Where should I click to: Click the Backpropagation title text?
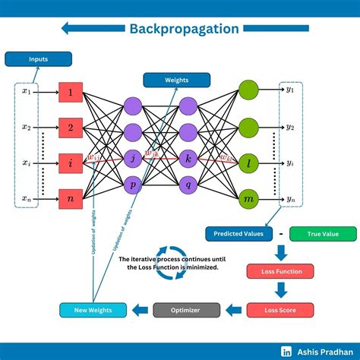click(184, 29)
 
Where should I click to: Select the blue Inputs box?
click(38, 58)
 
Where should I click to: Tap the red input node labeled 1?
click(70, 93)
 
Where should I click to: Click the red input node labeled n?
click(70, 198)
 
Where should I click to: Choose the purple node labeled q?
click(188, 185)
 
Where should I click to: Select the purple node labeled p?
click(132, 185)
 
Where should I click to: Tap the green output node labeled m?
click(248, 198)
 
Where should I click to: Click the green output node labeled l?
click(248, 162)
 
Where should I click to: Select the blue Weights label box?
click(166, 80)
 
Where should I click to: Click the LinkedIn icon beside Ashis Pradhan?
click(287, 350)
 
